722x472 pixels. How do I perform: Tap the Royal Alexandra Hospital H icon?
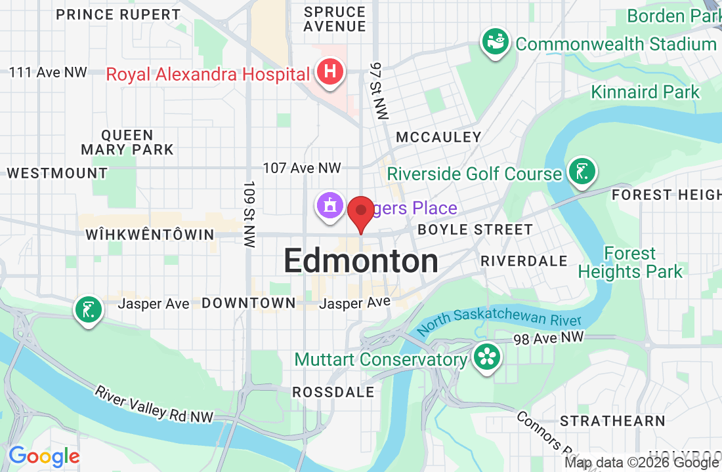(x=329, y=73)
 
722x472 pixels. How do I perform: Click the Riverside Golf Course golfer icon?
(x=581, y=172)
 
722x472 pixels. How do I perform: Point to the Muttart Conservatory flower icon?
(x=486, y=358)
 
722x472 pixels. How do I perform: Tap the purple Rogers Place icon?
(x=329, y=205)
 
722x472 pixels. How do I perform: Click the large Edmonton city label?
(x=361, y=261)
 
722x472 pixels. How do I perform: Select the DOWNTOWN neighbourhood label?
(x=249, y=303)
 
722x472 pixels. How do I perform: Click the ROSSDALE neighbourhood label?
(x=333, y=392)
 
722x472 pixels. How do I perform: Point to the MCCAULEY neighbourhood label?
(x=439, y=137)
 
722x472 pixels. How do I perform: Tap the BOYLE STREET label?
(x=475, y=229)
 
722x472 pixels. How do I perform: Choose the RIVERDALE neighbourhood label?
(x=524, y=260)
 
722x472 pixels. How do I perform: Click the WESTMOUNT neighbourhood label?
(x=57, y=173)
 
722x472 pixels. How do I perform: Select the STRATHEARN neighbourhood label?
(x=612, y=420)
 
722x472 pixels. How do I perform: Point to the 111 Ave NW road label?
(x=49, y=72)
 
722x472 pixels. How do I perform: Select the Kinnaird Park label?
(x=645, y=92)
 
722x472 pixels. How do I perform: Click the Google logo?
(x=44, y=456)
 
